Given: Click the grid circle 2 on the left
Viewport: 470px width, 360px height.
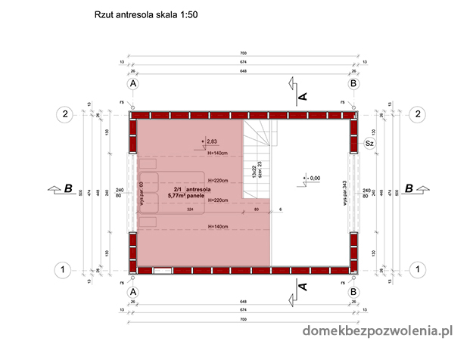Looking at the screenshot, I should tap(66, 114).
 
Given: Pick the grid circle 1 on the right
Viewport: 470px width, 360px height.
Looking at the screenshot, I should tap(417, 268).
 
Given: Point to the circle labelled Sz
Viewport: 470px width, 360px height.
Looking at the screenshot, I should tap(370, 141).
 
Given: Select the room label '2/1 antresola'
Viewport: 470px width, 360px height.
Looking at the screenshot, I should tap(186, 189).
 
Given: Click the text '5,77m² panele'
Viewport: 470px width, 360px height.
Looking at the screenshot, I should tap(186, 197).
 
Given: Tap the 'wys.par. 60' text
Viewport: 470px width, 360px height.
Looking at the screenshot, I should tap(142, 194).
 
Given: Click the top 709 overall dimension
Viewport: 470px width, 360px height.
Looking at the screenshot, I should tap(243, 54).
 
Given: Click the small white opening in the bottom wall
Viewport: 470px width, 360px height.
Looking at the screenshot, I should tap(163, 268).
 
